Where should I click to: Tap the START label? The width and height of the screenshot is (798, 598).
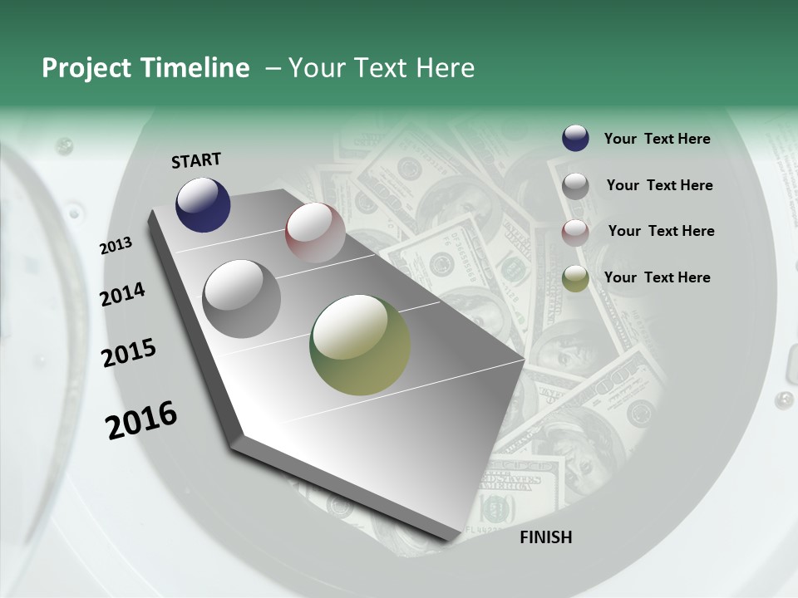196,160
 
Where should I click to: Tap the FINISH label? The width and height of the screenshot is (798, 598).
545,537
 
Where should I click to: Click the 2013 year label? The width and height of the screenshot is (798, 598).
116,246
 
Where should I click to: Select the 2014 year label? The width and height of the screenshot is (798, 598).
122,294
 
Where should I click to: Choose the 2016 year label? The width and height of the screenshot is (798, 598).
141,420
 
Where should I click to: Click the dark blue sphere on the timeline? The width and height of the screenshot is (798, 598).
203,204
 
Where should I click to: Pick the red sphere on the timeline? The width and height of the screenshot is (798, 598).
315,233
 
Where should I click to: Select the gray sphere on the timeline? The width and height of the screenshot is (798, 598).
242,299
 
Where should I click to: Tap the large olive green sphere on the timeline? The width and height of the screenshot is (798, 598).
360,345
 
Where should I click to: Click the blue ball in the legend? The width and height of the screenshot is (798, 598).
575,139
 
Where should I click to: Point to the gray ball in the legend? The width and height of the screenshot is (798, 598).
575,186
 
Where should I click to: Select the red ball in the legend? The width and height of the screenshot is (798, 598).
575,233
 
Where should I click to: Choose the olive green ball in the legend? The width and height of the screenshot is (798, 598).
575,278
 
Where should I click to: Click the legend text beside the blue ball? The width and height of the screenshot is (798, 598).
657,139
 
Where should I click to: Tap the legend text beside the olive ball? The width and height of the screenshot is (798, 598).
657,277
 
